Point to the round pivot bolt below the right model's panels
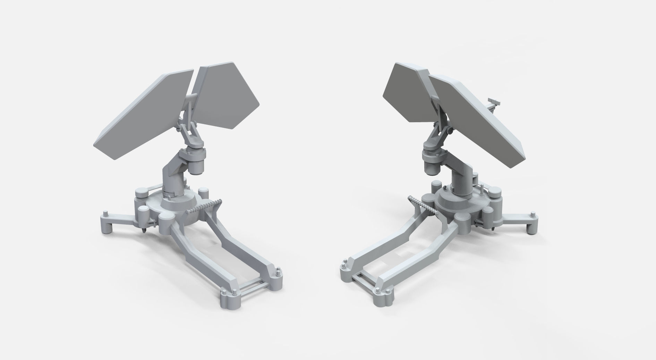tap(450, 131)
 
